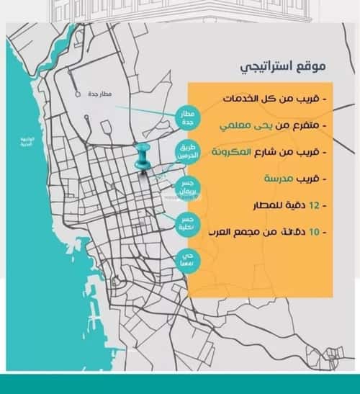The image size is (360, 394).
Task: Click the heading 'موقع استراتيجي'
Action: [x=284, y=66]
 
